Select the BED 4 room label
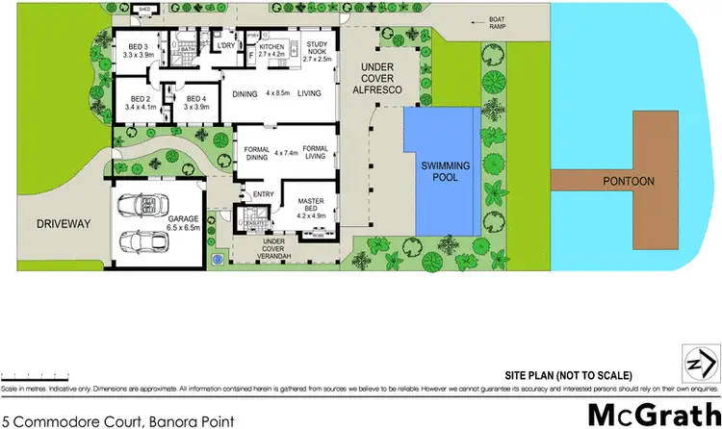point(196,102)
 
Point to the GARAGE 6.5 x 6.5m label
point(184,224)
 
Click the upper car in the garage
point(141,206)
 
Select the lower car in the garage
point(141,243)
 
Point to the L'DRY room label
point(227,46)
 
